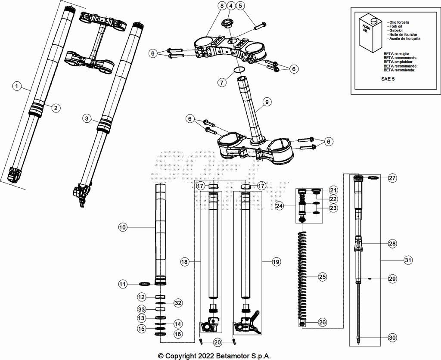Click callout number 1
16,87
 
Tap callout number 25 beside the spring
322,277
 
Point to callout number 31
408,260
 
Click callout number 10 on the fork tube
123,227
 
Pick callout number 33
141,309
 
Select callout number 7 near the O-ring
220,82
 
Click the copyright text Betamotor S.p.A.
214,356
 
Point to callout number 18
184,262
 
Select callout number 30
392,338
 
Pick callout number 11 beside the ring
123,284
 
